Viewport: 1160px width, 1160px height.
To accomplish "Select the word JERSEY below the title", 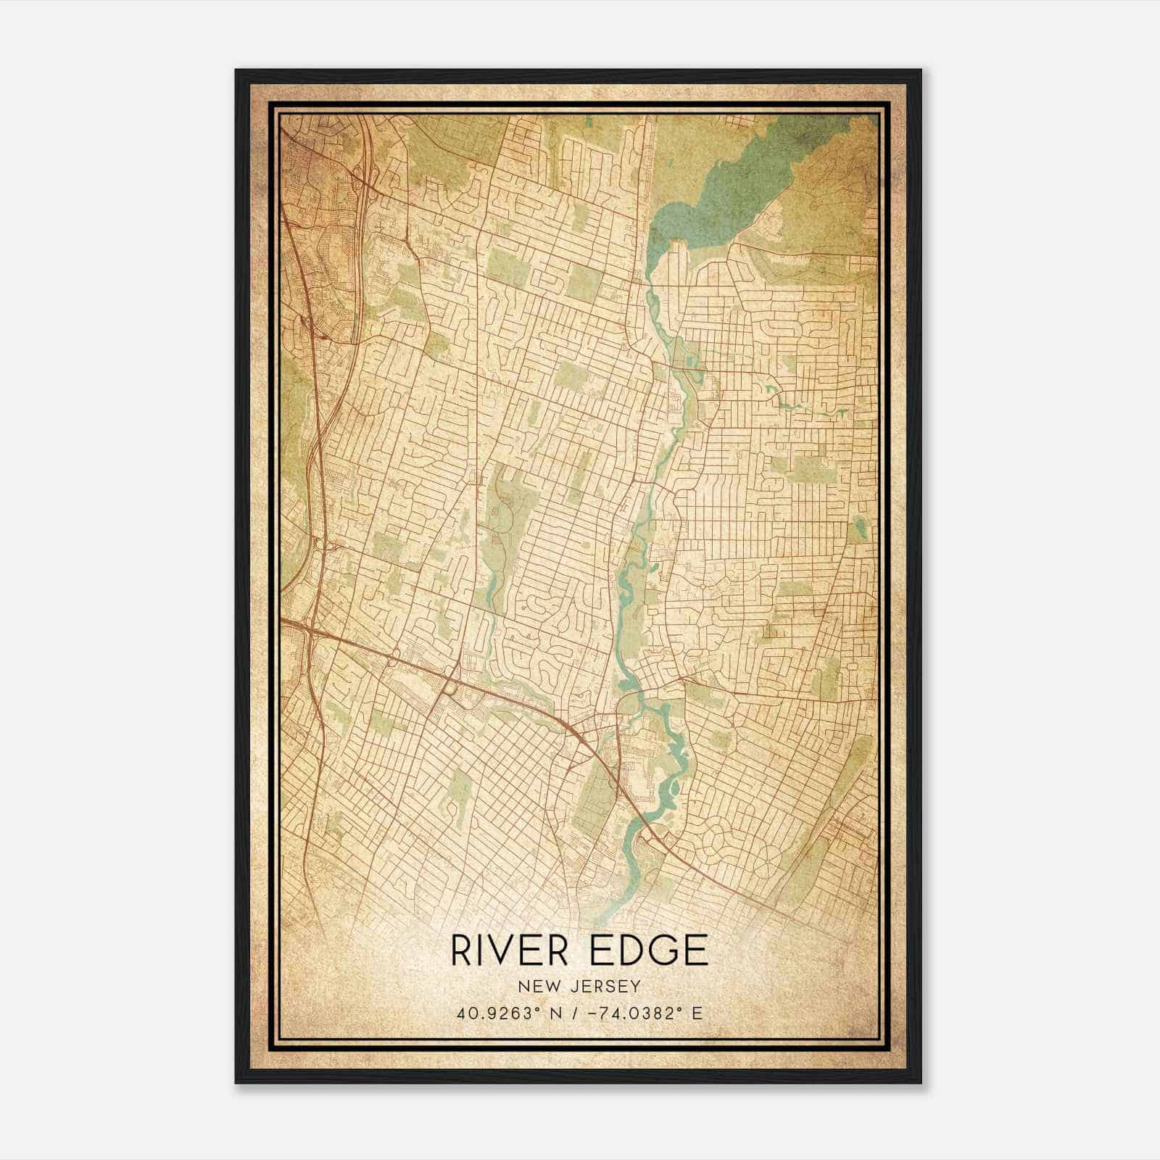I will click(x=605, y=987).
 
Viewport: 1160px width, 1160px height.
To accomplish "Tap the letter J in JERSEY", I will click(x=573, y=987).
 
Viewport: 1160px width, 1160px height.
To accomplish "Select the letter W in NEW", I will click(x=555, y=987).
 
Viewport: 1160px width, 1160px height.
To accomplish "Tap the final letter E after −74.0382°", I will click(x=697, y=1014).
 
